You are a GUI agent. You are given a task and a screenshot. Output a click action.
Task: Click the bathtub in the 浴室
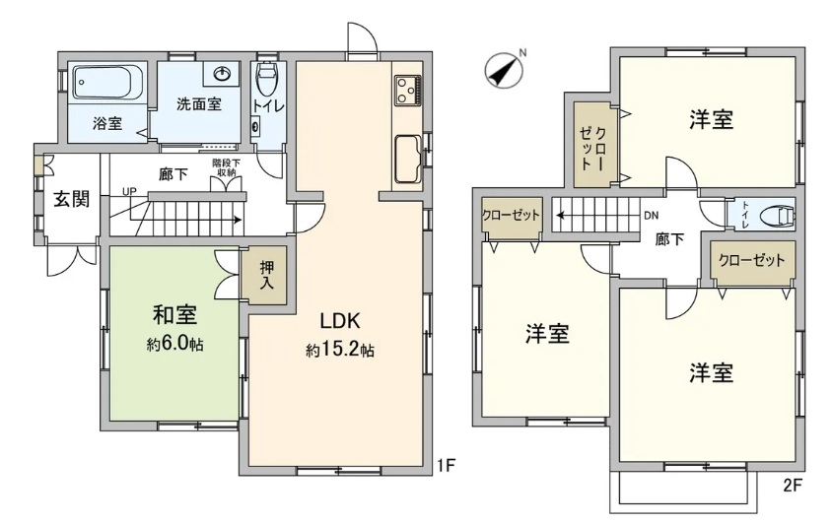coord(108,83)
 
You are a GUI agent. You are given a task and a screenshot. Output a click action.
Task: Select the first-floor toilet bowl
coord(266,79)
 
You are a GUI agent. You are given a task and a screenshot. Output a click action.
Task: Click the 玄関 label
coord(72,199)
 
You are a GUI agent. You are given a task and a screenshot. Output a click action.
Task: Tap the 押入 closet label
coord(266,275)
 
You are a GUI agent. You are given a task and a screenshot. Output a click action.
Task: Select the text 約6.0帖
coord(174,345)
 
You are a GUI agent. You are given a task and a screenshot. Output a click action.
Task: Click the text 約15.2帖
coord(339,350)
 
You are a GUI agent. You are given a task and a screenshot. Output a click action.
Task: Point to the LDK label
coord(340,321)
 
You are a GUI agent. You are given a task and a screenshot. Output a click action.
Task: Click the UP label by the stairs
coord(129,191)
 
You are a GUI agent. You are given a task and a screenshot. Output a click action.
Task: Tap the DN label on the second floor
coord(651,216)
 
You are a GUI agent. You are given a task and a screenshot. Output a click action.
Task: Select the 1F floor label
coord(446,465)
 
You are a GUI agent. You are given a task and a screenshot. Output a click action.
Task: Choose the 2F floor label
coord(792,486)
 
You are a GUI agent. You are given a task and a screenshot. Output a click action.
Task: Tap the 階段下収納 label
coord(226,167)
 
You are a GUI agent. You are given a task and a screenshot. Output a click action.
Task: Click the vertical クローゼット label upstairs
coord(593,148)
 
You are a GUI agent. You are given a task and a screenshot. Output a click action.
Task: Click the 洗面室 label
coord(199,104)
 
